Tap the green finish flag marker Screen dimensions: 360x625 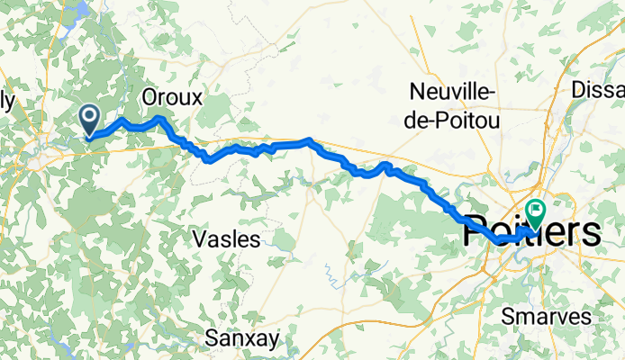[x=536, y=212]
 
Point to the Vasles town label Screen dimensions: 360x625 [x=227, y=239]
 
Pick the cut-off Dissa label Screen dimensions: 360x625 [x=598, y=90]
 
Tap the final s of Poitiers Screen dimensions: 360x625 [x=589, y=234]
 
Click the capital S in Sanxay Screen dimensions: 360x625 [x=212, y=338]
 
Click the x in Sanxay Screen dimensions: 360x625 [x=251, y=338]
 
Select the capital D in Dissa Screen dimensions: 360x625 [x=580, y=90]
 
